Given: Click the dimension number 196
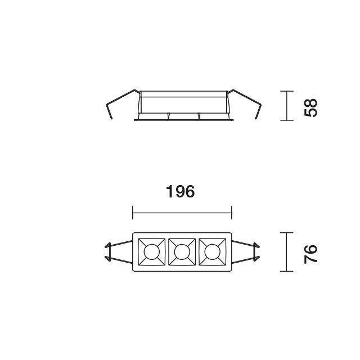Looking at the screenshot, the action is click(181, 191).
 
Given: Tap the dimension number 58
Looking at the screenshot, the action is click(310, 108).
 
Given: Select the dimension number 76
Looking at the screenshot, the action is click(310, 254).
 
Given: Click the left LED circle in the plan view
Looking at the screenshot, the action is click(151, 252).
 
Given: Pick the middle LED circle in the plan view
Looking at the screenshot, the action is click(182, 252).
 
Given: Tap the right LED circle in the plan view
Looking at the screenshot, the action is click(213, 252).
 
